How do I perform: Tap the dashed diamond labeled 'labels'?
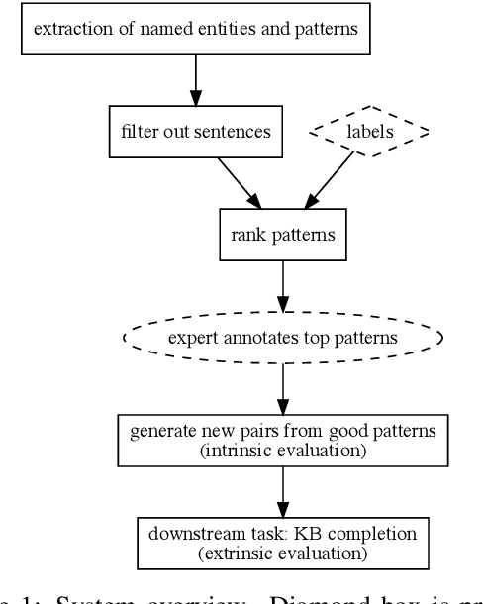370,131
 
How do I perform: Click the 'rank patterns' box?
283,235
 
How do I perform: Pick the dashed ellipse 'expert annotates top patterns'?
283,338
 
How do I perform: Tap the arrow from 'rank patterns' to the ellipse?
283,285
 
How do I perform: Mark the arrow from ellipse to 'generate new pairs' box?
283,388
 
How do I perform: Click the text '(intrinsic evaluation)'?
283,451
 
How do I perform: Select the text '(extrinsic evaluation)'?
283,553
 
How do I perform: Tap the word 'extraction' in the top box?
68,29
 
